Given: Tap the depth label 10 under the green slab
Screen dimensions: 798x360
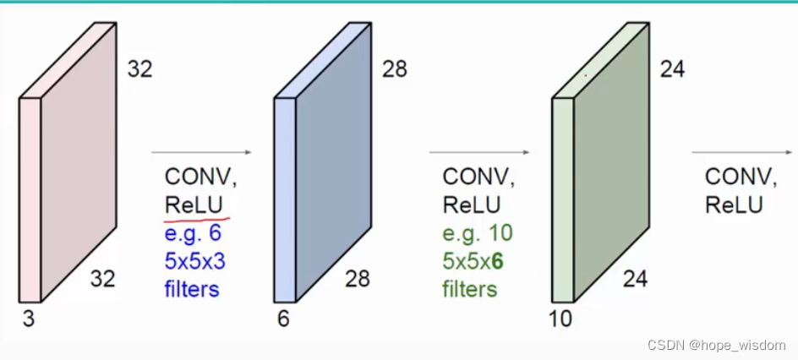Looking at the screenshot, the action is (x=560, y=318).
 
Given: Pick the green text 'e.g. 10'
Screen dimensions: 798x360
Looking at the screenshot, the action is (x=478, y=232).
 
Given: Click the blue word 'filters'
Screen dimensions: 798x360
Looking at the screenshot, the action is (x=192, y=289).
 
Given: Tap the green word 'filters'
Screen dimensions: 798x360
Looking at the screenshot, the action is (x=470, y=289).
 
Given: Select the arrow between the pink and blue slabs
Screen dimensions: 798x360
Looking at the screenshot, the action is (x=201, y=153).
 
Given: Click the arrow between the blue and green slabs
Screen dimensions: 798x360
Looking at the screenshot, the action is (x=479, y=153).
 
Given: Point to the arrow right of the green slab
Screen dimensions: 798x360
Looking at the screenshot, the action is (x=741, y=153).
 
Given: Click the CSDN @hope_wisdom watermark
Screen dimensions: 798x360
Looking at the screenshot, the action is (x=715, y=345).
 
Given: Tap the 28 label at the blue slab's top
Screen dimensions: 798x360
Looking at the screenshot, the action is (x=394, y=68).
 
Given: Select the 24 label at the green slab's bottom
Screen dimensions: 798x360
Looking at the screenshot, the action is (x=635, y=278).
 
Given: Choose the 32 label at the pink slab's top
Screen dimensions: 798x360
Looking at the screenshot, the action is (x=139, y=68).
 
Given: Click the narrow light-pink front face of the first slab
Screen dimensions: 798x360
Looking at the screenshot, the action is (x=29, y=199).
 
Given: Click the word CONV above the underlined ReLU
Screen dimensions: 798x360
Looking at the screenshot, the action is (x=198, y=177).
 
